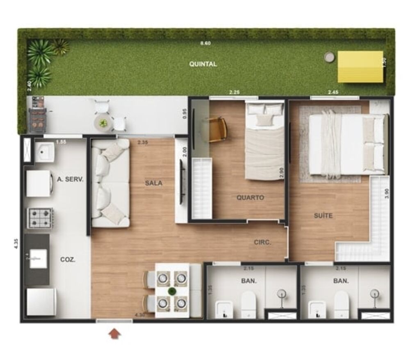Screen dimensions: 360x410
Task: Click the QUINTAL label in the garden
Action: pos(203,64)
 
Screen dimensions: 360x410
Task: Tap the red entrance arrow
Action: pos(115,333)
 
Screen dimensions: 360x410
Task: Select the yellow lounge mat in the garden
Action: pos(360,66)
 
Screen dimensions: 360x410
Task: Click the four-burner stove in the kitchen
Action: pos(40,218)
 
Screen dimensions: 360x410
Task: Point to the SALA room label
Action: pos(153,183)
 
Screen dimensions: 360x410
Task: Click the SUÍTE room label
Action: pos(324,216)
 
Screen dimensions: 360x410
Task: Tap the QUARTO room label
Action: pos(250,197)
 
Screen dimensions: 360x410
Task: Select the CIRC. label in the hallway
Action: pos(262,243)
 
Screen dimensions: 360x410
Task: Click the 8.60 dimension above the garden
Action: pos(205,43)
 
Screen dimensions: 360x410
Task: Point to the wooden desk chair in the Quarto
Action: pos(217,129)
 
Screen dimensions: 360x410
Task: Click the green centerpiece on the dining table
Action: pos(172,291)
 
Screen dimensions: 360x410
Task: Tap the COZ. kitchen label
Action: pos(68,260)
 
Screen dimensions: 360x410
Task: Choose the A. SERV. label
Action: pos(70,179)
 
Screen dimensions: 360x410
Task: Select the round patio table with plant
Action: pos(103,122)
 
